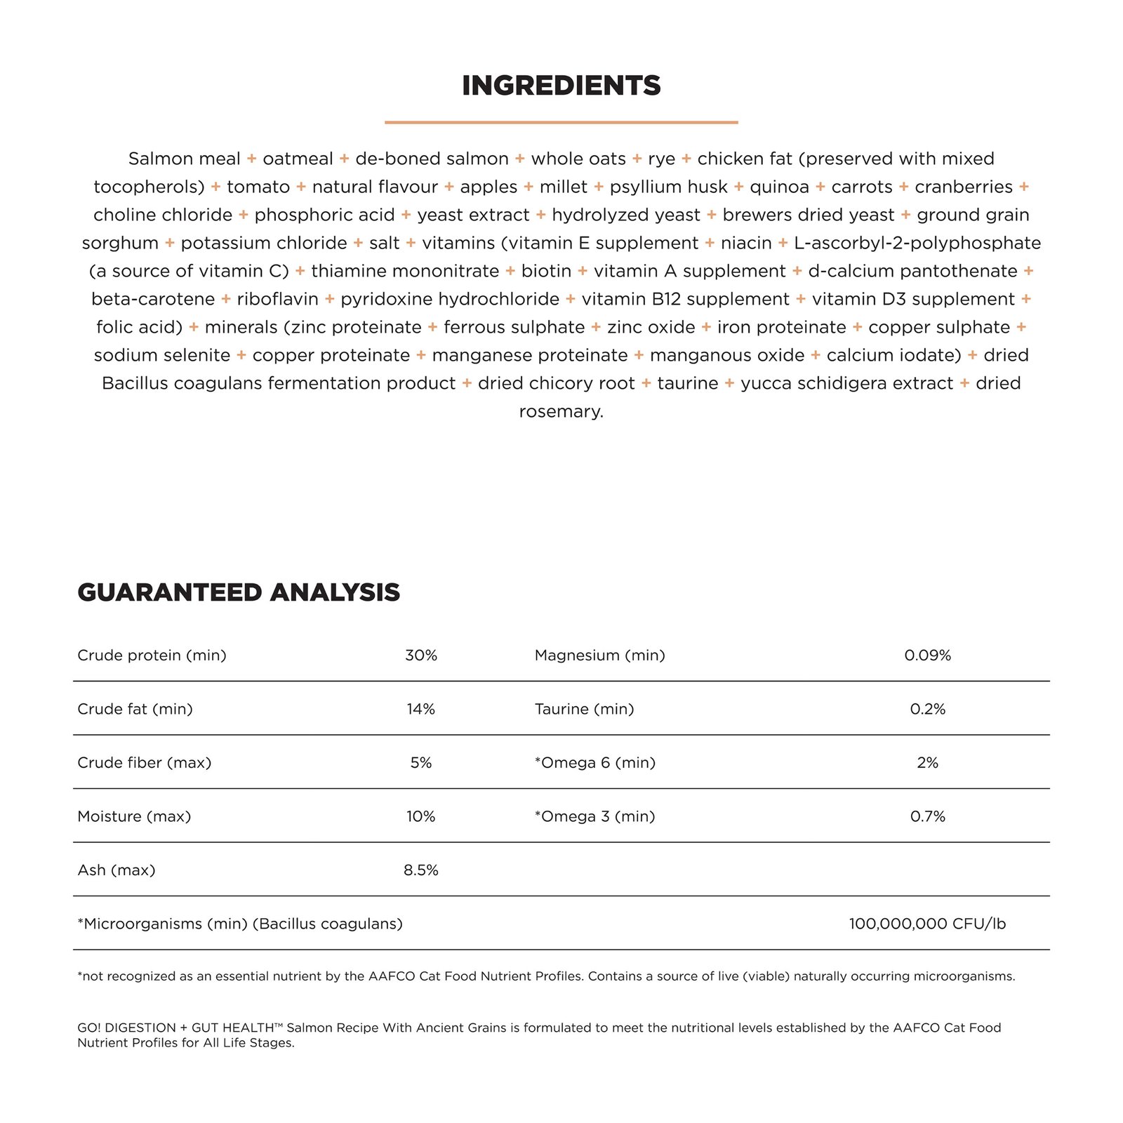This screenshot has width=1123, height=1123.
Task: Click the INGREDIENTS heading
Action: [x=561, y=86]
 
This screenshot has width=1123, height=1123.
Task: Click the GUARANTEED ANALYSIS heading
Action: [x=239, y=592]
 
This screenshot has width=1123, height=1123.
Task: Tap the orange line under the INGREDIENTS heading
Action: [x=561, y=122]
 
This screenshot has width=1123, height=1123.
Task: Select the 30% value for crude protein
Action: [x=421, y=656]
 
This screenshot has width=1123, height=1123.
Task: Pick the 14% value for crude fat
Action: [x=421, y=709]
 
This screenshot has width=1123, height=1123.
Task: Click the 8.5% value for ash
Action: [x=421, y=870]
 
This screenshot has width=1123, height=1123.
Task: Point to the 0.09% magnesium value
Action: [x=927, y=656]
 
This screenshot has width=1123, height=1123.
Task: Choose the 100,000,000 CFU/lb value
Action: [x=927, y=924]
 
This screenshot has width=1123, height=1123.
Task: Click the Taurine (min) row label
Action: [x=584, y=709]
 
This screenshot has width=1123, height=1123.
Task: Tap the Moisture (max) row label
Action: [x=134, y=816]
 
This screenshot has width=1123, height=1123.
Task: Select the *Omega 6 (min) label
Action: [x=594, y=763]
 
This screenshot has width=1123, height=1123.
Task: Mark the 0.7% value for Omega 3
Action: [x=927, y=816]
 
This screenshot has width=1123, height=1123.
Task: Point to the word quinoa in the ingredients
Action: [x=779, y=187]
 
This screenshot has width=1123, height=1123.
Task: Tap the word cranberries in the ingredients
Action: [x=963, y=187]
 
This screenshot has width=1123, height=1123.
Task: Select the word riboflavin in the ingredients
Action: [x=277, y=300]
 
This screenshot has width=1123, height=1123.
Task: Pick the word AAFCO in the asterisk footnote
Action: [x=392, y=976]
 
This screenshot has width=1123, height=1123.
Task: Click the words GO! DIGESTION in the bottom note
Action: [x=126, y=1028]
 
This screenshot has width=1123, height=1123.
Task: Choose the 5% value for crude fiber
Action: [x=421, y=763]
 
